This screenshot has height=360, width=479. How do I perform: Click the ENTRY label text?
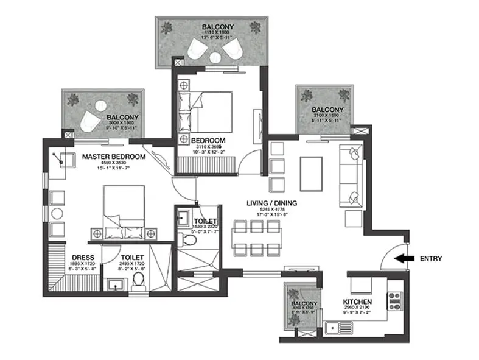(431, 258)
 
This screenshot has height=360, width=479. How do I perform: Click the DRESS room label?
(82, 258)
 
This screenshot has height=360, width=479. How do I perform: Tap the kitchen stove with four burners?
(394, 299)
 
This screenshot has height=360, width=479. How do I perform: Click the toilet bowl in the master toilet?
(138, 281)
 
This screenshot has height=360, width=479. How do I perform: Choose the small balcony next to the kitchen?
(304, 307)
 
